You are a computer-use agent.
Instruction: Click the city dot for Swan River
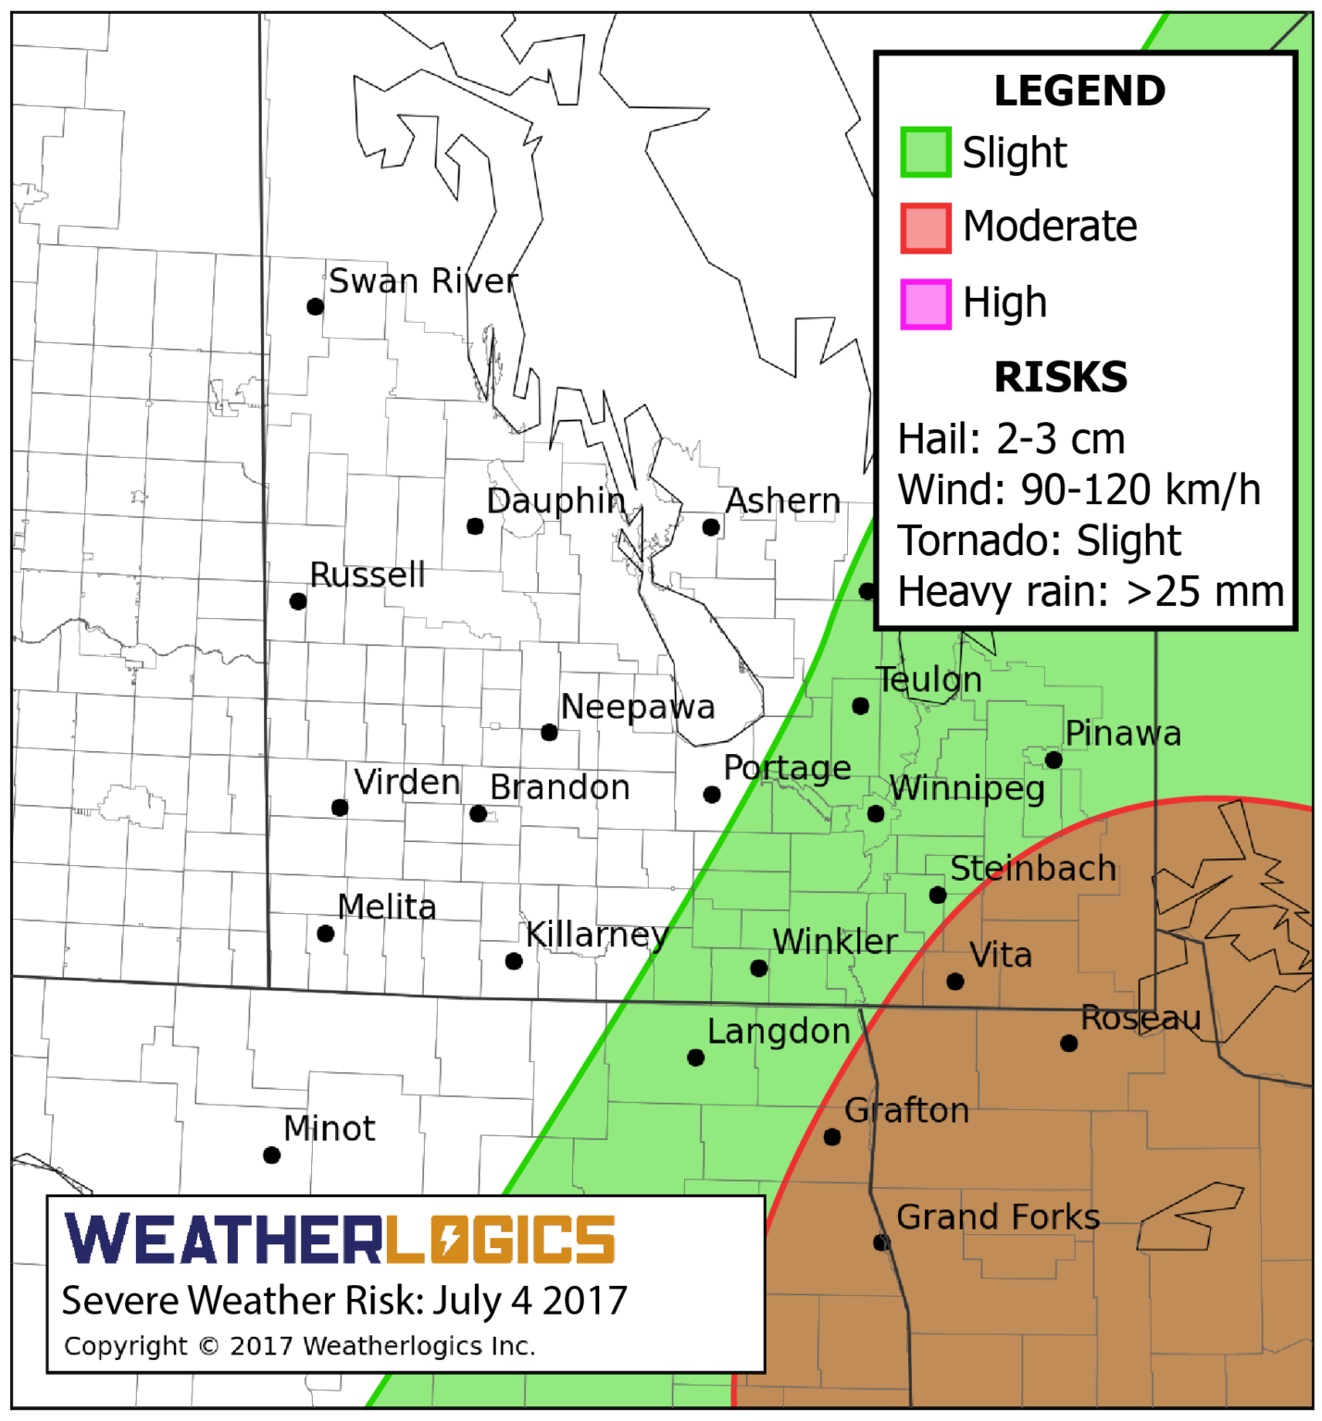click(316, 306)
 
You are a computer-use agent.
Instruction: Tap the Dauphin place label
click(555, 500)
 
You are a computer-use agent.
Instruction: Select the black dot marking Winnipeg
click(876, 814)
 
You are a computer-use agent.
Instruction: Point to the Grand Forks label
click(998, 1217)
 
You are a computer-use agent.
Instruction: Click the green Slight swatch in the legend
click(925, 153)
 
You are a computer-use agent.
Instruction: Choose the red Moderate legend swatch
click(925, 228)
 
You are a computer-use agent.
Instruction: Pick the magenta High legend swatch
click(925, 303)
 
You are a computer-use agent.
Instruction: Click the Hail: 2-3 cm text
click(1011, 439)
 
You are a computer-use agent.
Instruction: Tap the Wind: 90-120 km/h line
click(1079, 490)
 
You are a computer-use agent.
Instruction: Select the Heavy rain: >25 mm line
click(1091, 592)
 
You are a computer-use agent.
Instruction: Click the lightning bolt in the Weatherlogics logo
click(451, 1240)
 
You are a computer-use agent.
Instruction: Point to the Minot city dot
click(272, 1155)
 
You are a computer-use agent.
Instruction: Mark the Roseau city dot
click(1068, 1044)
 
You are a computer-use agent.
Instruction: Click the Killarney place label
click(596, 934)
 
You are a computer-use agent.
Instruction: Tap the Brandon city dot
click(478, 814)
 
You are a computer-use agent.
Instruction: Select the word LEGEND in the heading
click(1079, 91)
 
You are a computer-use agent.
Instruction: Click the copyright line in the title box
click(299, 1346)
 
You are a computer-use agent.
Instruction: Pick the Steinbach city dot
click(938, 895)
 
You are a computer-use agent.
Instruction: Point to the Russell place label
click(368, 575)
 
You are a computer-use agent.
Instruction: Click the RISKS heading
click(1060, 377)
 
